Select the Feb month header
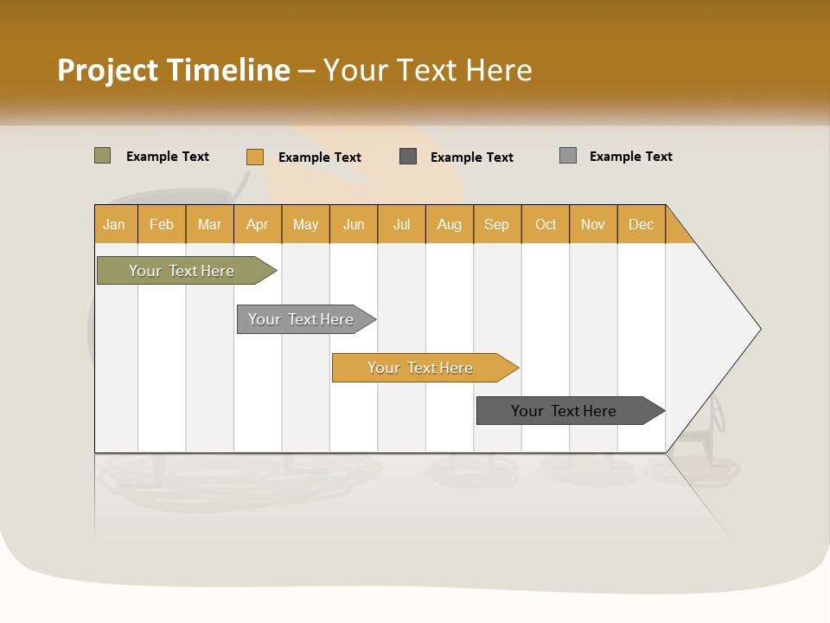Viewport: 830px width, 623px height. pyautogui.click(x=162, y=224)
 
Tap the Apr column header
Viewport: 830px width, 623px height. pyautogui.click(x=258, y=224)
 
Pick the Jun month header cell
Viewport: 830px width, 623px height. pyautogui.click(x=354, y=224)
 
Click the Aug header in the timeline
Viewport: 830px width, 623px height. pyautogui.click(x=450, y=224)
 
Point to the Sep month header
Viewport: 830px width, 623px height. pyautogui.click(x=497, y=224)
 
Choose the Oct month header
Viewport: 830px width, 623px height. pyautogui.click(x=546, y=224)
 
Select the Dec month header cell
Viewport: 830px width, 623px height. pyautogui.click(x=642, y=224)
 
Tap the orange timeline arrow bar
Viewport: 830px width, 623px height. pyautogui.click(x=421, y=368)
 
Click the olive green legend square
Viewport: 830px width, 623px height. pyautogui.click(x=103, y=156)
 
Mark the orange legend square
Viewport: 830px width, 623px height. pyautogui.click(x=255, y=157)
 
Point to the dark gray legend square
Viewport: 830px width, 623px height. pyautogui.click(x=408, y=157)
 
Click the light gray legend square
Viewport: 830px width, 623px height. pyautogui.click(x=568, y=156)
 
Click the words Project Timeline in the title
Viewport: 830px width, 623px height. pyautogui.click(x=173, y=70)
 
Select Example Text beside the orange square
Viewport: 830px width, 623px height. pyautogui.click(x=320, y=157)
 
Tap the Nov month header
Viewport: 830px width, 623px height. pyautogui.click(x=593, y=224)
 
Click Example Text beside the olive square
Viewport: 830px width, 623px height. pyautogui.click(x=168, y=157)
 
